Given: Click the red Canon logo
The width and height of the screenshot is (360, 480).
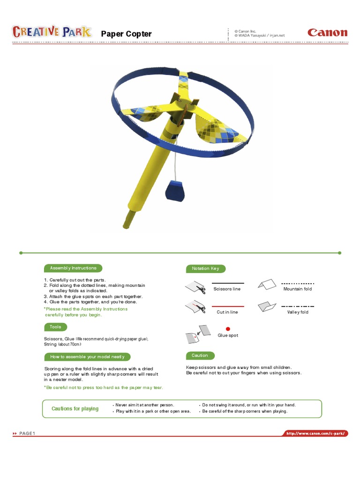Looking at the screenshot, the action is pos(327,32).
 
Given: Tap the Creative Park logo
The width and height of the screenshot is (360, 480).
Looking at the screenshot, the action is pos(52,31).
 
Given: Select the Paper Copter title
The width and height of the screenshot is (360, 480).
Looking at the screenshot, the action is pos(126,34).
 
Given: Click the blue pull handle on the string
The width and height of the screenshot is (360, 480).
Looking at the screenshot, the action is pos(175,191).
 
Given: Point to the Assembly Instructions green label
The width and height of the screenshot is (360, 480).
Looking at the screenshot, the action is pos(73,268).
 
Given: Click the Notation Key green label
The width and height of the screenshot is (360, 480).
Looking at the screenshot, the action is pos(206,269).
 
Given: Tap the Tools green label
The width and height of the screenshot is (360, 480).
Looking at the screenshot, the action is pos(56,327).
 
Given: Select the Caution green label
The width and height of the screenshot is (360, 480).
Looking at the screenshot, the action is pos(200,355).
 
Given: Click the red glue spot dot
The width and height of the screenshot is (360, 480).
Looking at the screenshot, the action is pos(228,329).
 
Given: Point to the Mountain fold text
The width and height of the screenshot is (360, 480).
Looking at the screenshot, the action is pos(298,289).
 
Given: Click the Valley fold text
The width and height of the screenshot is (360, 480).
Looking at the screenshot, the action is pos(298,312).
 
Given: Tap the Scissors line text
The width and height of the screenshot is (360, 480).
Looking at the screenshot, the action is pos(227,289).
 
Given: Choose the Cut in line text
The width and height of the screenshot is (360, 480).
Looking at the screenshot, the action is pos(227,312).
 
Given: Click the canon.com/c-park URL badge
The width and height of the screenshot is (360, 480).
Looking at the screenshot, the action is pos(315,433).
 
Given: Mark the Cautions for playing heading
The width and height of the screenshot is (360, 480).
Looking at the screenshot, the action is pos(75,409).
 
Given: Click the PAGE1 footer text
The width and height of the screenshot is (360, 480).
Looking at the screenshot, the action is pos(27,433).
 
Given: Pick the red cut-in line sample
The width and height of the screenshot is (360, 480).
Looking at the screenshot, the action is pos(228,306).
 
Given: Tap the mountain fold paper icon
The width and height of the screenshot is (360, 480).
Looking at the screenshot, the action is pos(267,285).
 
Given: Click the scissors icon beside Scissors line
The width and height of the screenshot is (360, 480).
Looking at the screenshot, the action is pos(201,289).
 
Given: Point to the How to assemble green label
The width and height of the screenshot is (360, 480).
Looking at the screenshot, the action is pos(87,357).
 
